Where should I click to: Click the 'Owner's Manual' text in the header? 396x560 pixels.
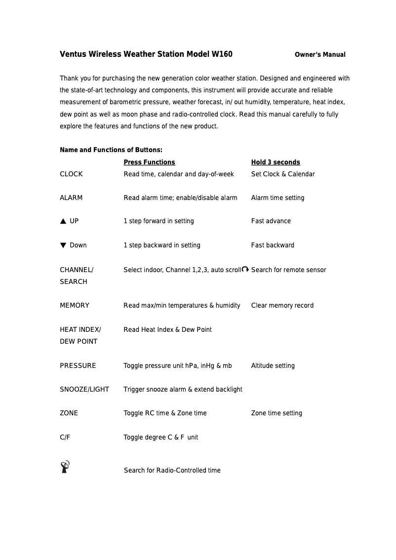click(320, 55)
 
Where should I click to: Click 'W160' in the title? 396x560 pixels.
click(222, 54)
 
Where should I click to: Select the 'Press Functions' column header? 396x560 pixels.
click(149, 162)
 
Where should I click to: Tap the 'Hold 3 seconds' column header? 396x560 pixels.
click(276, 162)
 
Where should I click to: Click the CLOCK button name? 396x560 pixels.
click(71, 174)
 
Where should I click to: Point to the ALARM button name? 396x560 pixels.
click(71, 198)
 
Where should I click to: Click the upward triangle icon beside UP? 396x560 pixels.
click(63, 221)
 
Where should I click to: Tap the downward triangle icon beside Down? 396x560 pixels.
click(63, 245)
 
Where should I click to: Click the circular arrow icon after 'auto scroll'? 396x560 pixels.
click(245, 269)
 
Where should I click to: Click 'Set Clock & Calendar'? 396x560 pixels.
click(283, 174)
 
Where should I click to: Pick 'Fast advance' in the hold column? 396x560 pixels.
click(271, 221)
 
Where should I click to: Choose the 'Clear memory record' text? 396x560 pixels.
click(282, 305)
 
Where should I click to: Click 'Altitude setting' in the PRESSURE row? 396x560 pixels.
click(273, 365)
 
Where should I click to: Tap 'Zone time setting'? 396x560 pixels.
click(277, 413)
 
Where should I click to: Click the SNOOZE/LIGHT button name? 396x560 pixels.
click(84, 389)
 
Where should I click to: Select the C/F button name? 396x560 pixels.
click(65, 437)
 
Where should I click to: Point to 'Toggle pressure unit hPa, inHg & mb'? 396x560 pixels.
click(178, 365)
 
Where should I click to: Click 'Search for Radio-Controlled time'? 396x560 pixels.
click(172, 470)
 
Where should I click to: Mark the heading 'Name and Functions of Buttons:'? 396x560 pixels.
click(111, 150)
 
